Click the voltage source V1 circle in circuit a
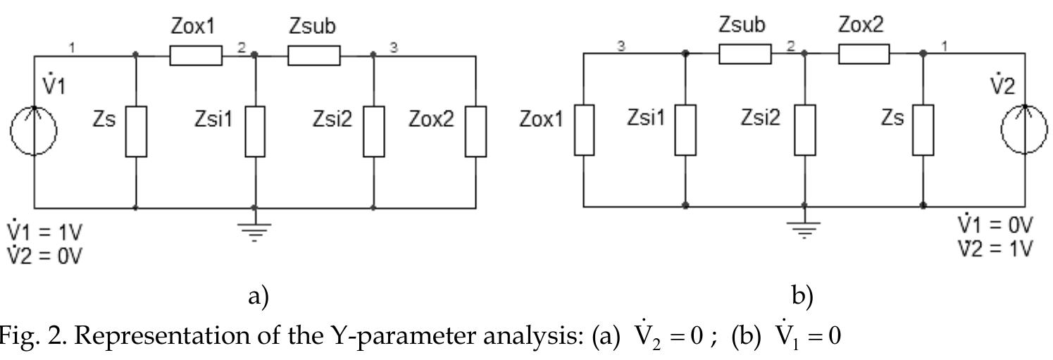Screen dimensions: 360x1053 coord(33,130)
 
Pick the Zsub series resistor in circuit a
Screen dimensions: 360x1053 coord(314,54)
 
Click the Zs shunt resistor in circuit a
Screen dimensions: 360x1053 coord(136,130)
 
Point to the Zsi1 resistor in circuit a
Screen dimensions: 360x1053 coord(255,130)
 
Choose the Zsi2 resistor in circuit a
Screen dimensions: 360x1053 coord(374,130)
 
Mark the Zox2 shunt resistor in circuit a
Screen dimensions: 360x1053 coord(476,130)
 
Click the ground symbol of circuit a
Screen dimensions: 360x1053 coord(255,230)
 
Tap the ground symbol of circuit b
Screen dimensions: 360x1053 coord(804,228)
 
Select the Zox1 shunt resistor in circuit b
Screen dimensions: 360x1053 coord(584,129)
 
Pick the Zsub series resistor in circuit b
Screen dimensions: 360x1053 coord(744,54)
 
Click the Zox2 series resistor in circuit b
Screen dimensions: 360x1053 coord(864,54)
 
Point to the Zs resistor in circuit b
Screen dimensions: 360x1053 coord(923,129)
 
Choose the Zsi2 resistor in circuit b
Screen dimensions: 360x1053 coord(805,129)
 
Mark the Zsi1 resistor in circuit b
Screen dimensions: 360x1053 coord(685,129)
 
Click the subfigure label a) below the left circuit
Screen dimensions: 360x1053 coord(258,296)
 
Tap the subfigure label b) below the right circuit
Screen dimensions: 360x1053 coord(802,296)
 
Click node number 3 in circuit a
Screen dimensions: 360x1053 coord(394,47)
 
